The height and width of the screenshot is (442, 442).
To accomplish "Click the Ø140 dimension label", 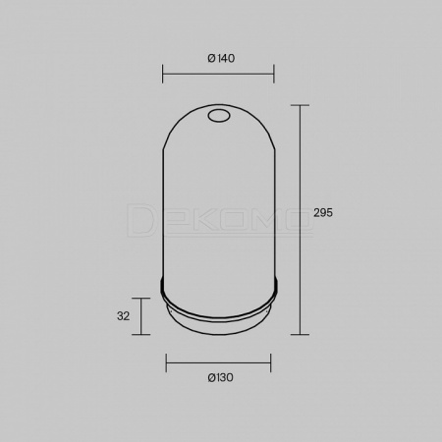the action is (221, 59).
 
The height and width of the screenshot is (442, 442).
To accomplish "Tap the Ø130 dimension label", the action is (220, 378).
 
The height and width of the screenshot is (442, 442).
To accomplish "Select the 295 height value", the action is (323, 213).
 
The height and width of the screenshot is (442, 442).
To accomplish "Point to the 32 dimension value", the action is (123, 316).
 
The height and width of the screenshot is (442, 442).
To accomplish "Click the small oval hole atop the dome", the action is (219, 116).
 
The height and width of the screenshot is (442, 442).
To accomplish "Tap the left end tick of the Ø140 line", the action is (162, 74).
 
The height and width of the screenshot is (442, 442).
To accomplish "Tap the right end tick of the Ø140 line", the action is (274, 74).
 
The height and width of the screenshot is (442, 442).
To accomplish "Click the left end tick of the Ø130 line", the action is (166, 362).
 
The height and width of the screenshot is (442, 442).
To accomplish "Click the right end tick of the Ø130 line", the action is (271, 362).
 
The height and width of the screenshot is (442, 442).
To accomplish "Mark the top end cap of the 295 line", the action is (300, 105).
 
